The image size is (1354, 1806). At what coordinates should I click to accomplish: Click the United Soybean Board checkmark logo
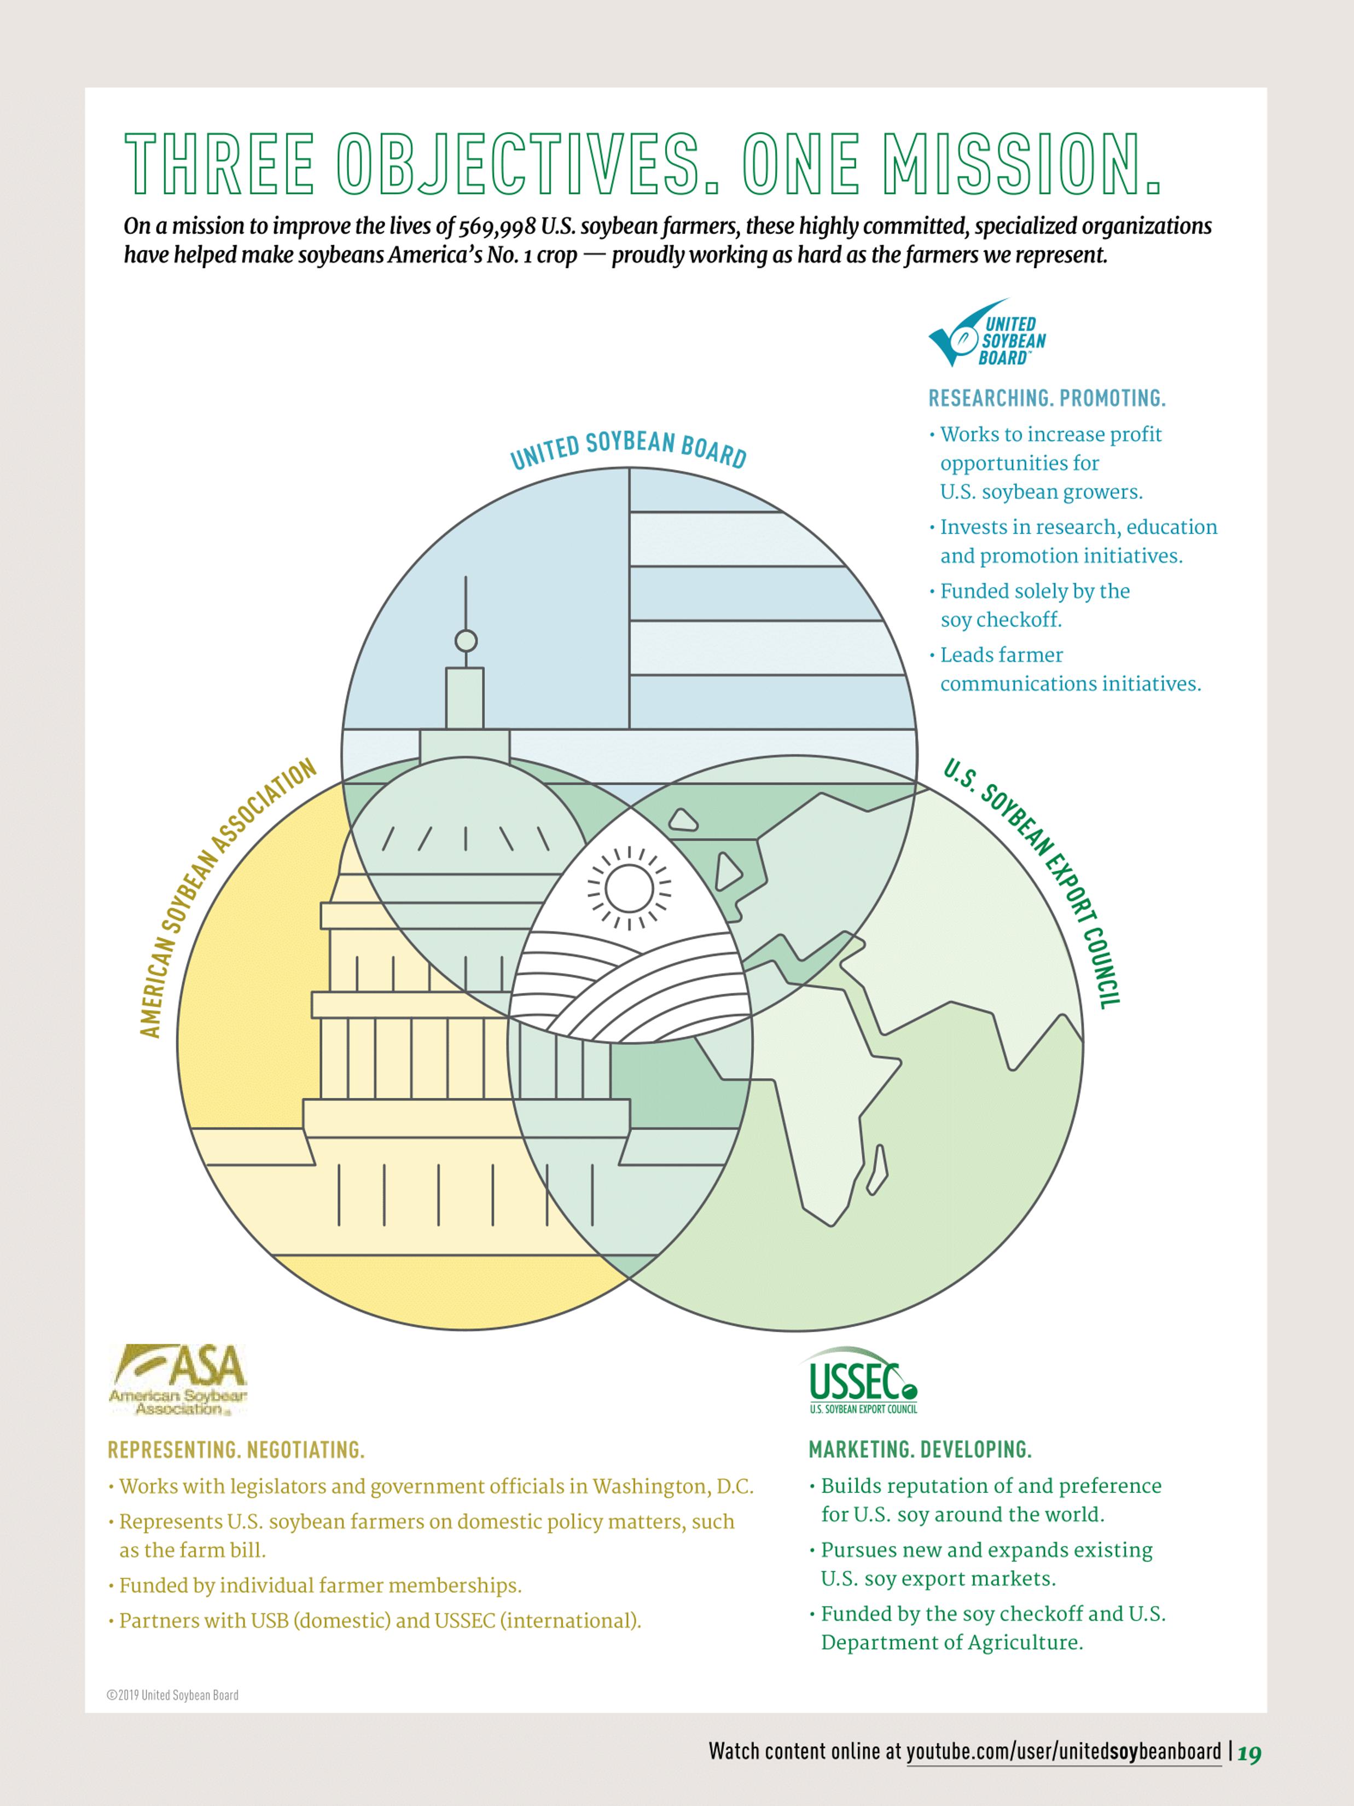pos(986,335)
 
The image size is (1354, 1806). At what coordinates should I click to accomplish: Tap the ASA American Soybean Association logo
pos(178,1380)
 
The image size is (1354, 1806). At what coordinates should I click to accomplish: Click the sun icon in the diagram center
pos(629,888)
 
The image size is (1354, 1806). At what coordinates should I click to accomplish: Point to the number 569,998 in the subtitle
pos(497,226)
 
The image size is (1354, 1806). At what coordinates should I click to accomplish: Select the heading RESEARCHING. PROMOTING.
pos(1047,398)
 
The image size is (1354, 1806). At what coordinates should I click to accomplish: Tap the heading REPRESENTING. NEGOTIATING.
pos(236,1450)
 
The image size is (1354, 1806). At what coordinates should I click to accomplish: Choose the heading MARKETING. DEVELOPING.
pos(920,1450)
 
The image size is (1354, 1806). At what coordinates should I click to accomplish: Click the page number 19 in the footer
pos(1250,1753)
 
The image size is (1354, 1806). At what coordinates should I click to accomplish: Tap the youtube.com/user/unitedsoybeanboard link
pos(1064,1751)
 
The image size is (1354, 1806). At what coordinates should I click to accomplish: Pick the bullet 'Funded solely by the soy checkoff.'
pos(1035,605)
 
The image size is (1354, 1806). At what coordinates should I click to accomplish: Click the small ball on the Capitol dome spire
pos(466,641)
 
